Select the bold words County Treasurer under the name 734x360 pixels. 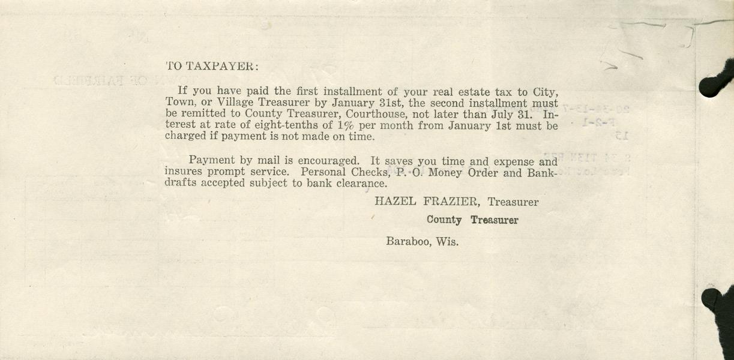coord(472,220)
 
